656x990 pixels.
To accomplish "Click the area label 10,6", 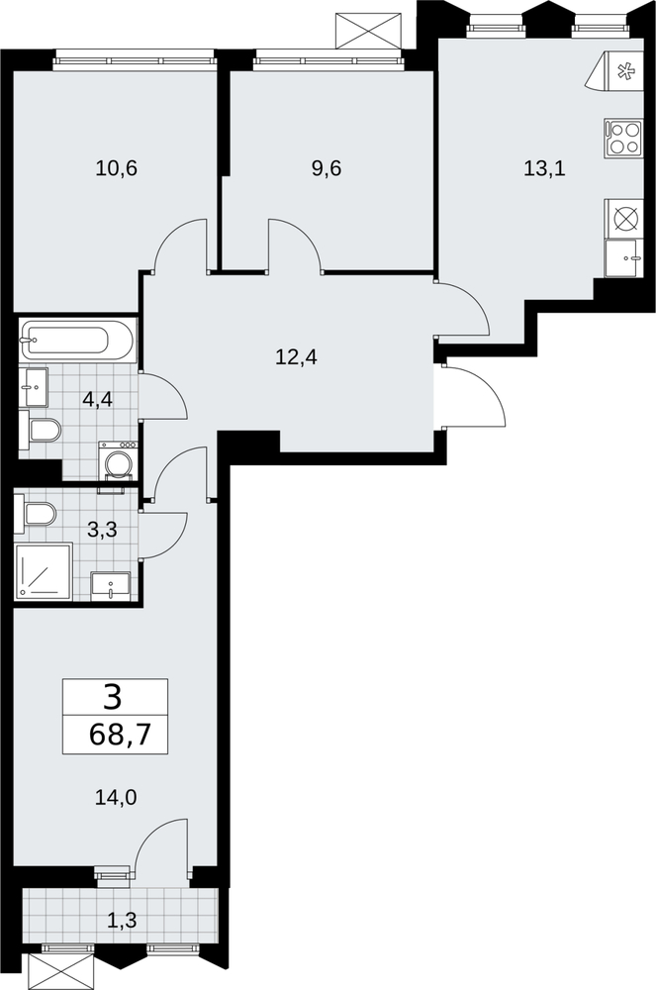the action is point(117,168).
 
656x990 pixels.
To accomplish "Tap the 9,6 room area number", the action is point(327,168).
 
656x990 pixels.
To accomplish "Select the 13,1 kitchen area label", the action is point(545,168).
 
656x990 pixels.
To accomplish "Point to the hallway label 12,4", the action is point(297,358).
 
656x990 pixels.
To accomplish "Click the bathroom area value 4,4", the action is point(97,399).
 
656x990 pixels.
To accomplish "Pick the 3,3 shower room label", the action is point(102,530).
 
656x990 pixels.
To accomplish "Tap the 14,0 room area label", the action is point(116,798).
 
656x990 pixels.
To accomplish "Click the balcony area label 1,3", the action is point(122,921).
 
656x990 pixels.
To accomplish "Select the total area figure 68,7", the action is point(120,735).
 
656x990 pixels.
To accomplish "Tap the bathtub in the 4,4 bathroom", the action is point(77,341).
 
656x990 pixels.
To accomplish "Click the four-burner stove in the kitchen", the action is point(623,139).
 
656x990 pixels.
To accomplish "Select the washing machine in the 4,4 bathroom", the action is point(118,461).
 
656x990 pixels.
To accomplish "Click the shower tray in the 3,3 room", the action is point(44,571).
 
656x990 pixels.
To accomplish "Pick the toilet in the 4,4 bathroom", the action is point(41,431).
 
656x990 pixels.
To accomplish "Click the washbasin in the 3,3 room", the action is point(111,585).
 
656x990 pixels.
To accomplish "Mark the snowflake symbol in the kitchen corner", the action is point(626,72).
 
